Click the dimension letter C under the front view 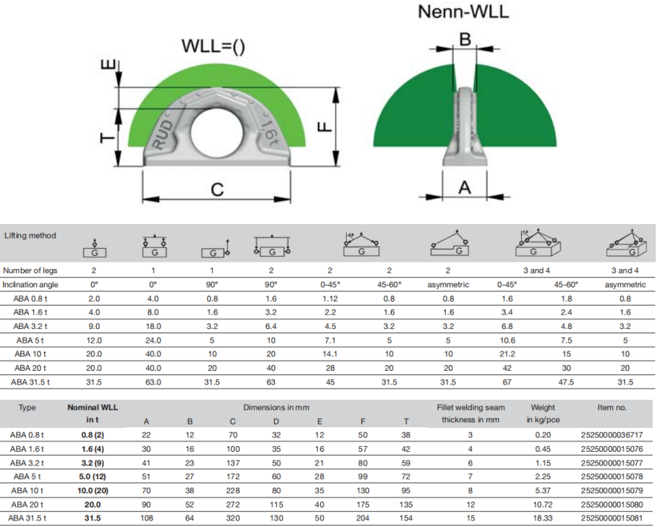tap(217, 190)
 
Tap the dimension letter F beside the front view tap(325, 127)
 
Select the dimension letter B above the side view tap(465, 39)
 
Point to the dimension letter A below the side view tap(464, 187)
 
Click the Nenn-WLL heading tap(463, 12)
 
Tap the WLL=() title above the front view tap(213, 46)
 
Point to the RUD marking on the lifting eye tap(163, 135)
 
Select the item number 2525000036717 tap(611, 435)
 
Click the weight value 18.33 tap(543, 518)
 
